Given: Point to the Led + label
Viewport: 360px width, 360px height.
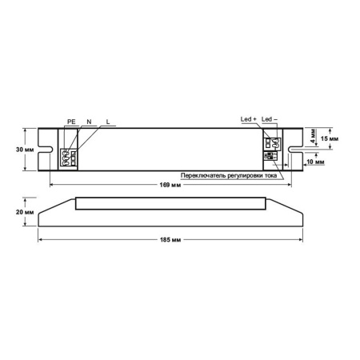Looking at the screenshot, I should coord(248,119).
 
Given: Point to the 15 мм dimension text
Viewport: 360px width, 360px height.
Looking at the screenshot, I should coord(328,138).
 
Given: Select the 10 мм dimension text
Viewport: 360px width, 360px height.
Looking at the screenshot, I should coord(317,161).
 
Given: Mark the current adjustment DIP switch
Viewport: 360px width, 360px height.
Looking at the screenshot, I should coord(273,161).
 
